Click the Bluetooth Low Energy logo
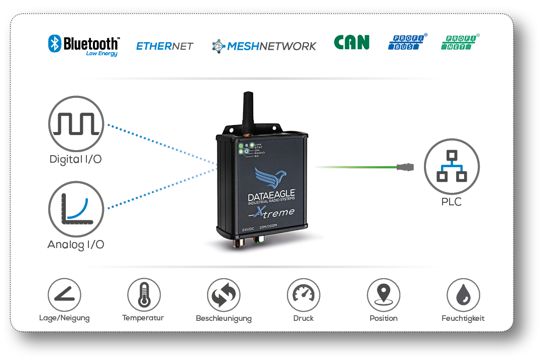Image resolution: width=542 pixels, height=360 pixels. [x=83, y=45]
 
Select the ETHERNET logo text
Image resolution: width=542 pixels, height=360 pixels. [x=165, y=46]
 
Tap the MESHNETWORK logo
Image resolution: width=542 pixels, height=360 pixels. [x=264, y=46]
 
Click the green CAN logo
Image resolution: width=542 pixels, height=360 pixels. [x=352, y=43]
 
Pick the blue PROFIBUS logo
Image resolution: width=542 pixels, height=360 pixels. [x=407, y=42]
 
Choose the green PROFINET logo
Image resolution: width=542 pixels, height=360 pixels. [x=460, y=42]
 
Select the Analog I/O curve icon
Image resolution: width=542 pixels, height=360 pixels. [x=76, y=209]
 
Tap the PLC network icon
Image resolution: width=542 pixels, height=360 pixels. [x=452, y=167]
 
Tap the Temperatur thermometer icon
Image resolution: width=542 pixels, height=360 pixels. [x=144, y=295]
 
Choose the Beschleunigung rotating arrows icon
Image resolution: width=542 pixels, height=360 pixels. [x=224, y=295]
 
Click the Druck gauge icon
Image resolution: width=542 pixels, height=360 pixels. [x=303, y=295]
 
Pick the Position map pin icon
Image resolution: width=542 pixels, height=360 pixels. [x=383, y=295]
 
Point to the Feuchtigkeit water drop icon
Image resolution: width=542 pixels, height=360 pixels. [x=463, y=295]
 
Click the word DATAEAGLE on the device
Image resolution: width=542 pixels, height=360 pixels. [x=272, y=195]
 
